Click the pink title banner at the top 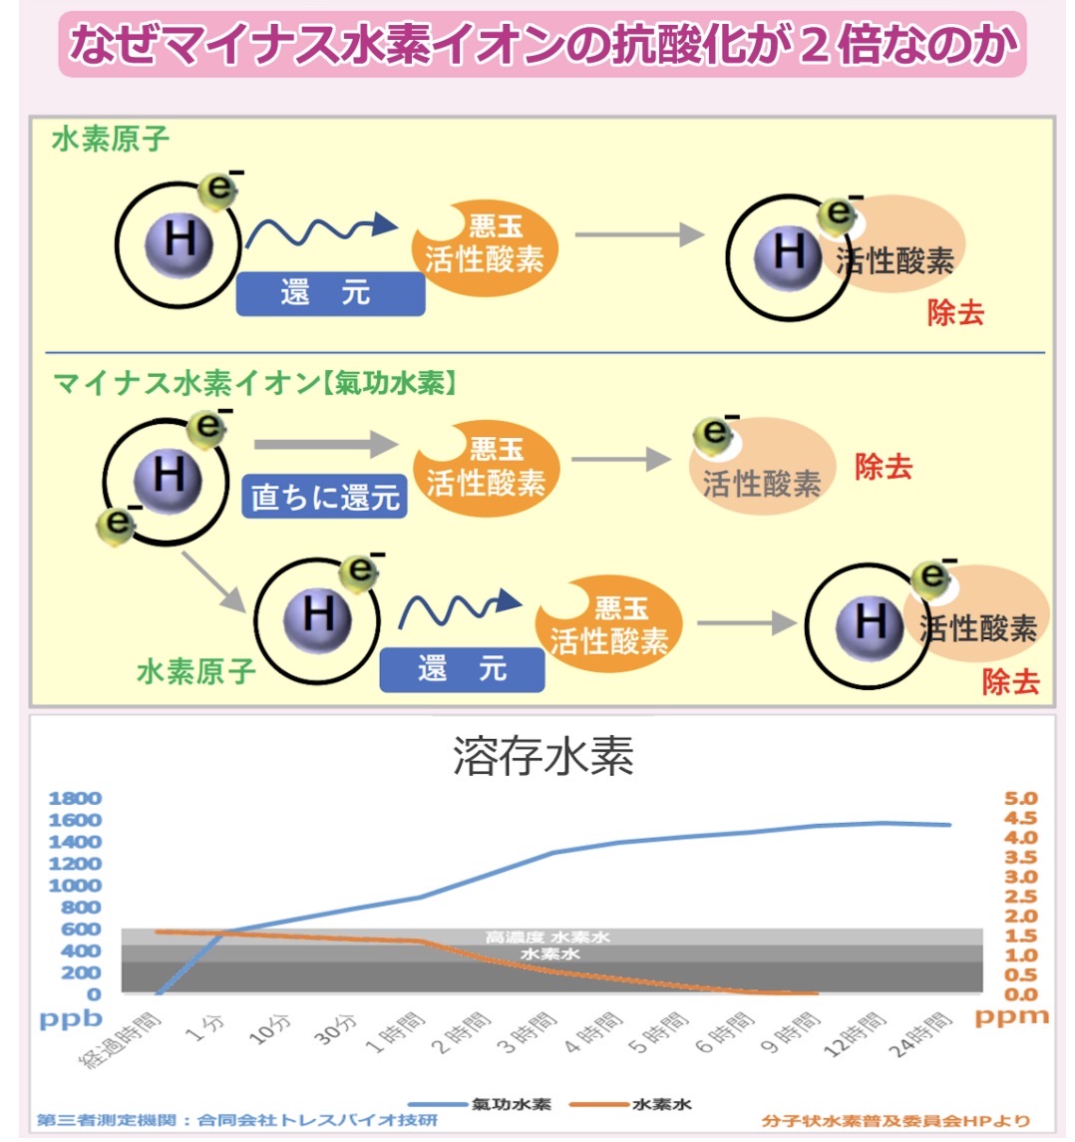pyautogui.click(x=542, y=45)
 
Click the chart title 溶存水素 pyautogui.click(x=543, y=757)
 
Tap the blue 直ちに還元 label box pyautogui.click(x=325, y=497)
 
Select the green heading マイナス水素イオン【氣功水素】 pyautogui.click(x=254, y=383)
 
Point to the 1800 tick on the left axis pyautogui.click(x=75, y=799)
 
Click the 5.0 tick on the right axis pyautogui.click(x=1019, y=799)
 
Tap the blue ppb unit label pyautogui.click(x=71, y=1019)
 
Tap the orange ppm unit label pyautogui.click(x=1011, y=1017)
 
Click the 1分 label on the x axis pyautogui.click(x=210, y=1027)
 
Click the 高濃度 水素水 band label pyautogui.click(x=547, y=938)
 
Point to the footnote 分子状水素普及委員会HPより pyautogui.click(x=895, y=1121)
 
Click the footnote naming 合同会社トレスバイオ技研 pyautogui.click(x=237, y=1121)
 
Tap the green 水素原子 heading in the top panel pyautogui.click(x=111, y=140)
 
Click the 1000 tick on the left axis pyautogui.click(x=75, y=886)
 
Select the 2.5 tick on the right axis pyautogui.click(x=1019, y=897)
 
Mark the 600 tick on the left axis pyautogui.click(x=81, y=930)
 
